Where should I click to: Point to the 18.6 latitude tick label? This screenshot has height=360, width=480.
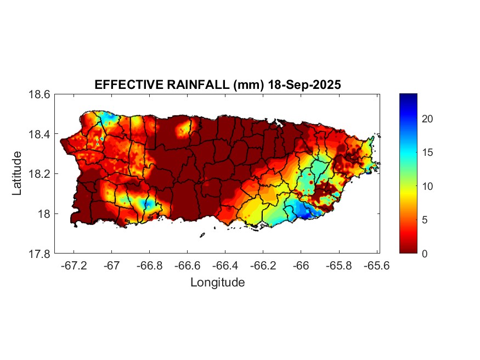pyautogui.click(x=39, y=94)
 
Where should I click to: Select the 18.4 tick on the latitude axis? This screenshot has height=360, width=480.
pyautogui.click(x=39, y=134)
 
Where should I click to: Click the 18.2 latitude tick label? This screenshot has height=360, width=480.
pyautogui.click(x=39, y=174)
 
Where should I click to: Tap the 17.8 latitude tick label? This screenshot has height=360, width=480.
pyautogui.click(x=39, y=254)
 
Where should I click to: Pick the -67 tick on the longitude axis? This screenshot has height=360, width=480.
pyautogui.click(x=112, y=265)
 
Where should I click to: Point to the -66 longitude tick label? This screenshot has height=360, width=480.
pyautogui.click(x=301, y=265)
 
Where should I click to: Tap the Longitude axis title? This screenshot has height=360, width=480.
pyautogui.click(x=217, y=283)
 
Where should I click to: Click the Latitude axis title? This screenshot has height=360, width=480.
pyautogui.click(x=18, y=173)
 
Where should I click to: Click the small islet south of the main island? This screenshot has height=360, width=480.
pyautogui.click(x=202, y=235)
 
